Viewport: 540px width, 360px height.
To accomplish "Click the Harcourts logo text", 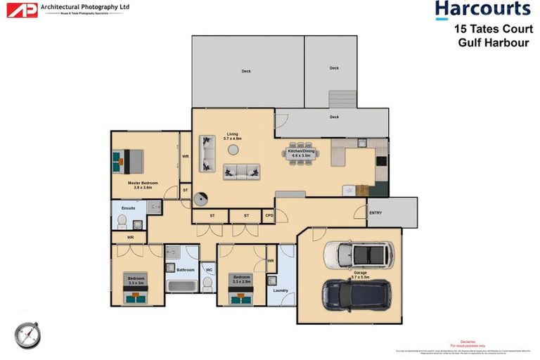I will pyautogui.click(x=482, y=10).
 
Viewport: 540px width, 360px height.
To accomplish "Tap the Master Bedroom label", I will pyautogui.click(x=142, y=184).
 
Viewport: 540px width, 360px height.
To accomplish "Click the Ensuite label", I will pyautogui.click(x=129, y=208).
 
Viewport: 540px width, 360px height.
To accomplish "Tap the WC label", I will pyautogui.click(x=208, y=269).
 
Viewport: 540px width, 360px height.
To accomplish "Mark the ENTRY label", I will pyautogui.click(x=375, y=213).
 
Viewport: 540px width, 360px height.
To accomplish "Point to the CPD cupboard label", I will pyautogui.click(x=269, y=216).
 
